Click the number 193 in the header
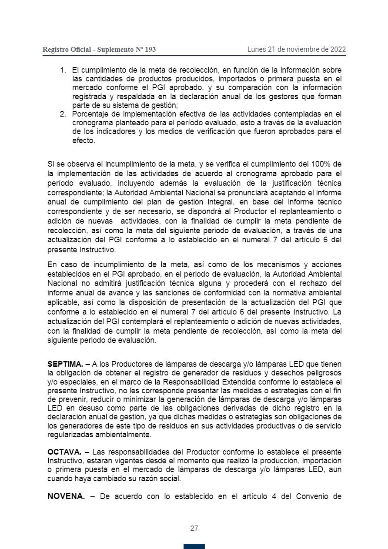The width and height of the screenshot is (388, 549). tap(150, 50)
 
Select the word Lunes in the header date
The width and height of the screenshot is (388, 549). tap(256, 49)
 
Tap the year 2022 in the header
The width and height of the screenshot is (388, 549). tap(338, 49)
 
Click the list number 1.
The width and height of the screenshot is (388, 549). tap(63, 70)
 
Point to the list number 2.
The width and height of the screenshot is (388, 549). tap(63, 114)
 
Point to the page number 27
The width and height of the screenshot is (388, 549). tap(194, 529)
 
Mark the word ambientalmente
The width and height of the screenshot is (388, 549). tap(124, 435)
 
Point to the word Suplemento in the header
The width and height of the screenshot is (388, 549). tap(116, 50)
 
